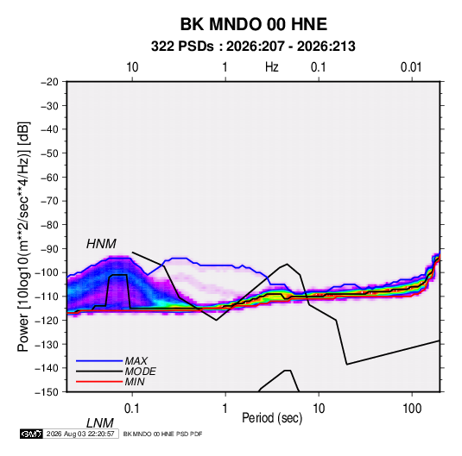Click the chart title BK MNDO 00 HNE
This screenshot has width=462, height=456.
(x=253, y=24)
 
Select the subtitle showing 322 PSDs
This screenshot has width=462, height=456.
(x=253, y=47)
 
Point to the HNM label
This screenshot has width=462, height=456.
(x=101, y=244)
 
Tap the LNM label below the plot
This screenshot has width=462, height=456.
(x=100, y=423)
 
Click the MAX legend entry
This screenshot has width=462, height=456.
(x=136, y=361)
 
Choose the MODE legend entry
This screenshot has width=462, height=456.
(x=140, y=372)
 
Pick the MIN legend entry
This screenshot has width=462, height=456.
(x=135, y=382)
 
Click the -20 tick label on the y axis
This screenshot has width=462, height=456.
(x=49, y=82)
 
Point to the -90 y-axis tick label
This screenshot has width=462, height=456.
(x=49, y=249)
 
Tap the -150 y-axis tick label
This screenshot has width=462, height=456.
(x=47, y=392)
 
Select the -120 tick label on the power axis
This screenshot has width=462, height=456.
(x=47, y=321)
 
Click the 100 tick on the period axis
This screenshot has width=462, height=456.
(x=412, y=409)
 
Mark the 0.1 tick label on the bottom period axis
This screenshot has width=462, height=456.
(x=132, y=409)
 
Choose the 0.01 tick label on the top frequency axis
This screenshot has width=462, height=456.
(x=411, y=67)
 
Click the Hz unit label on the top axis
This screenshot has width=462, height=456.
(x=272, y=67)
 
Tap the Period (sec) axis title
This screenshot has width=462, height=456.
(x=272, y=418)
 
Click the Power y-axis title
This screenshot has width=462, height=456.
(x=23, y=237)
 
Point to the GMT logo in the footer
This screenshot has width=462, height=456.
(x=32, y=434)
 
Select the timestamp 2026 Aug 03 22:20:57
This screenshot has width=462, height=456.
(x=80, y=434)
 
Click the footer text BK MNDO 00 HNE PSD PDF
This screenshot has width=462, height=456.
(x=162, y=434)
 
